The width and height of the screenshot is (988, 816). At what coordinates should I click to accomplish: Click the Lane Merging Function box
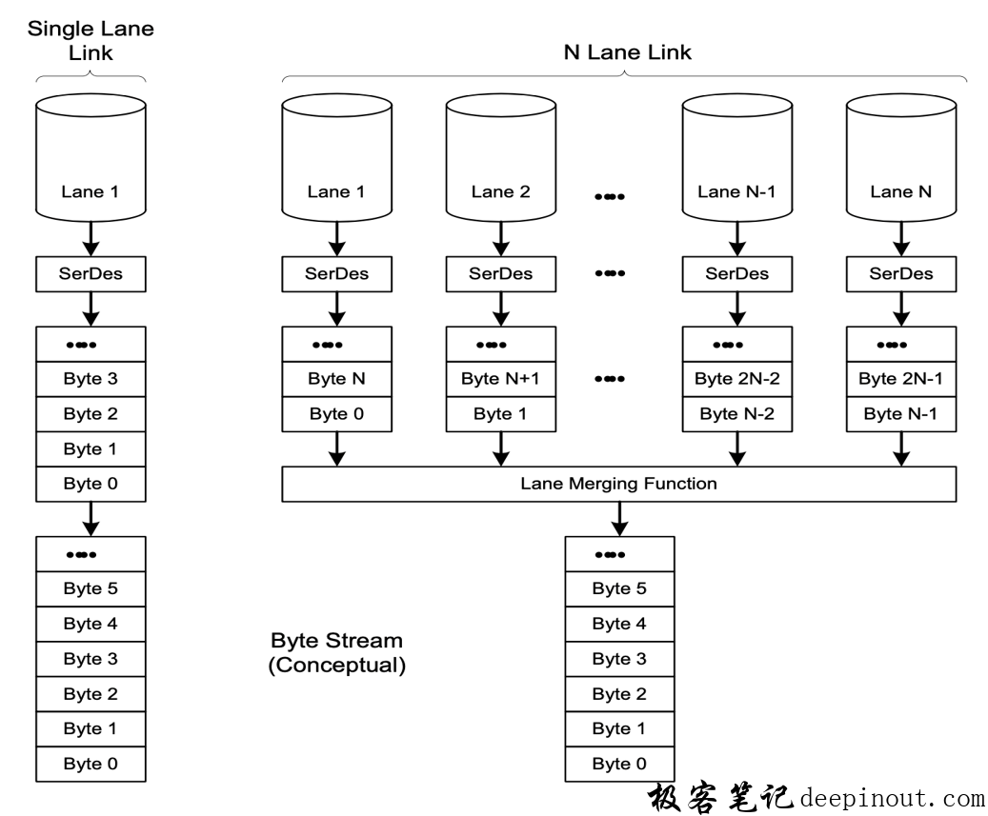(x=618, y=484)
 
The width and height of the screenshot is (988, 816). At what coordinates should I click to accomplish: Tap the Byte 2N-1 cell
(x=901, y=379)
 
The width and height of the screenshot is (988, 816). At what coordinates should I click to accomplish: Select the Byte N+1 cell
(x=501, y=379)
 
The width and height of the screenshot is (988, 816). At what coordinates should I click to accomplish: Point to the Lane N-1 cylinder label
(x=736, y=191)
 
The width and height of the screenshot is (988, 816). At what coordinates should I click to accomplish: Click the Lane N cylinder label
(x=901, y=191)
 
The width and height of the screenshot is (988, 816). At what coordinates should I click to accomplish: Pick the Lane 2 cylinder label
(x=501, y=191)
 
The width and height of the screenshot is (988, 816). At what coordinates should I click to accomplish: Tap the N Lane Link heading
(x=628, y=52)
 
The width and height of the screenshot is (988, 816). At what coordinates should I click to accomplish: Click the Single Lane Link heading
(x=91, y=40)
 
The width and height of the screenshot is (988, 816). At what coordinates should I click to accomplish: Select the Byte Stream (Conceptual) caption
(x=337, y=653)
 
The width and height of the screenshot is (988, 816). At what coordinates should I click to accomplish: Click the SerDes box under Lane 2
(x=501, y=274)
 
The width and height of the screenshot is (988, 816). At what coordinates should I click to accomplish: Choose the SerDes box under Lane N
(x=901, y=274)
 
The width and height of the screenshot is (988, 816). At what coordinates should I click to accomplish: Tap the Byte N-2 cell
(x=737, y=414)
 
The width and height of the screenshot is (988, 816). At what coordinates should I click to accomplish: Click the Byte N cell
(x=337, y=379)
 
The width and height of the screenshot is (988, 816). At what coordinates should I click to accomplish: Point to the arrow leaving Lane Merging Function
(x=619, y=519)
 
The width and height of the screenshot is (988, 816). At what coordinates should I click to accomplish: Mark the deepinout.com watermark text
(x=892, y=799)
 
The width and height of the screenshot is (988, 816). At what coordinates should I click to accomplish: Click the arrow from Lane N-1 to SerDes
(x=737, y=239)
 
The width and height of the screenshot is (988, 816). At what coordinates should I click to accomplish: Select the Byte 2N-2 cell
(x=737, y=379)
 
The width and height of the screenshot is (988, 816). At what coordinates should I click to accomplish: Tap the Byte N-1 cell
(x=901, y=414)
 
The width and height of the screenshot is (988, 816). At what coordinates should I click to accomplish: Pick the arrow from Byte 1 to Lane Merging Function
(x=501, y=448)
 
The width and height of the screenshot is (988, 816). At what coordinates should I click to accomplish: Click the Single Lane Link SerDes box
(x=91, y=274)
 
